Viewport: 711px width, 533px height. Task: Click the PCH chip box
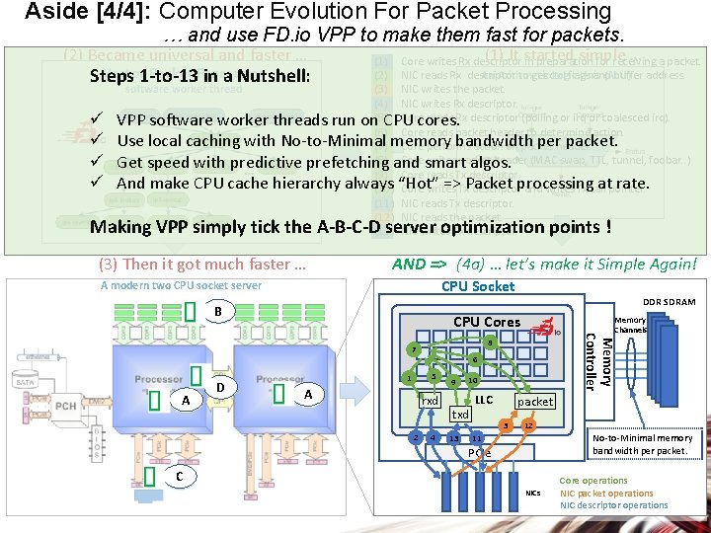pyautogui.click(x=66, y=406)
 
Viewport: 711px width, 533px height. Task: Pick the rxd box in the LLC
pyautogui.click(x=429, y=401)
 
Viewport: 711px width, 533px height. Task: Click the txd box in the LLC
pyautogui.click(x=460, y=415)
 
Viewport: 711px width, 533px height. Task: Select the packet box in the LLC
pyautogui.click(x=535, y=402)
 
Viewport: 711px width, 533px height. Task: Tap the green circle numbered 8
pyautogui.click(x=490, y=342)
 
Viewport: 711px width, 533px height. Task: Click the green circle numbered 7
pyautogui.click(x=415, y=350)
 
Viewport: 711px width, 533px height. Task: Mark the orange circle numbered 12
pyautogui.click(x=529, y=425)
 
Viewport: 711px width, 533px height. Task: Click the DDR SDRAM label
pyautogui.click(x=670, y=302)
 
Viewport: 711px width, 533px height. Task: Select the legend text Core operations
pyautogui.click(x=592, y=481)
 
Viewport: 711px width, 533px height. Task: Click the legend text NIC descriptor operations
pyautogui.click(x=613, y=505)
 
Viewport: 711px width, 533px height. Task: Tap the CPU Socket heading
pyautogui.click(x=477, y=286)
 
